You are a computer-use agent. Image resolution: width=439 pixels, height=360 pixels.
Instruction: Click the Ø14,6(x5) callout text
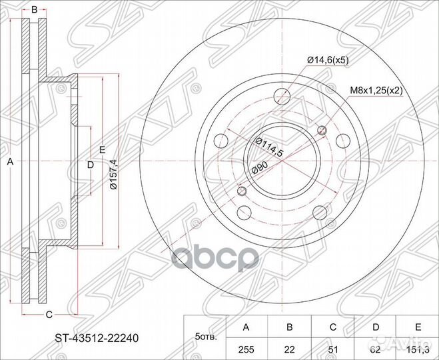[328, 61]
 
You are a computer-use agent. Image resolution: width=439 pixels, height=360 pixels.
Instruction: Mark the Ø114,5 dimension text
[269, 147]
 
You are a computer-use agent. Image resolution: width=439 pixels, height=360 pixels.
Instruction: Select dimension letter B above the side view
[35, 9]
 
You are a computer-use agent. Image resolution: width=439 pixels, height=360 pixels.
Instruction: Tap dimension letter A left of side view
[9, 161]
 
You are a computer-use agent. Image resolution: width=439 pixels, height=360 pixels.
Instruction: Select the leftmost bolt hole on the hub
[220, 141]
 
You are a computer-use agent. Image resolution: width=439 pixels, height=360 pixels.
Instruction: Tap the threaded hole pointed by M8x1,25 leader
[323, 131]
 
